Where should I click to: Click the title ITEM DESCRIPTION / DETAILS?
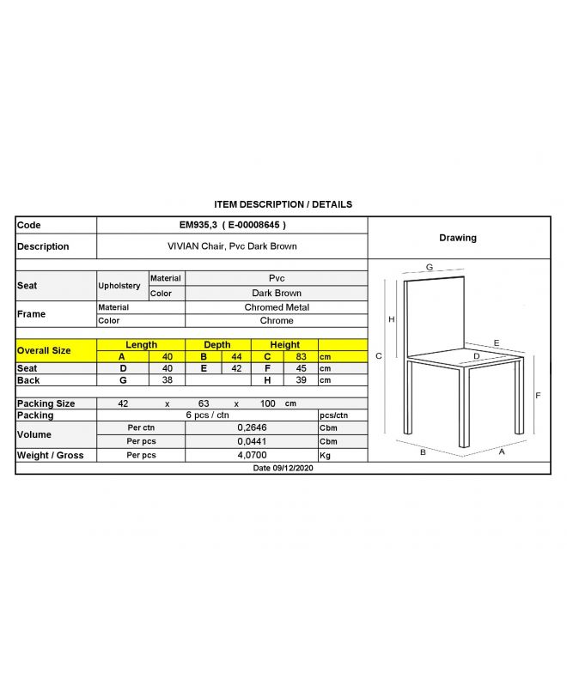pyautogui.click(x=283, y=204)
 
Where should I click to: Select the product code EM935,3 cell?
pyautogui.click(x=232, y=225)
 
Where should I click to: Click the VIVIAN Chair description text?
pyautogui.click(x=232, y=246)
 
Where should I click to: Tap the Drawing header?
pyautogui.click(x=457, y=238)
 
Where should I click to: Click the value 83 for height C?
pyautogui.click(x=301, y=356)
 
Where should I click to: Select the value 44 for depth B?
pyautogui.click(x=236, y=356)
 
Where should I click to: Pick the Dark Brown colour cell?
pyautogui.click(x=276, y=293)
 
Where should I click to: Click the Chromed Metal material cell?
pyautogui.click(x=276, y=306)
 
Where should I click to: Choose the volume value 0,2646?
pyautogui.click(x=250, y=427)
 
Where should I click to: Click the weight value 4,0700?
pyautogui.click(x=250, y=455)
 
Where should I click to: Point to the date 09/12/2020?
pyautogui.click(x=283, y=469)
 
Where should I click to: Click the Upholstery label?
pyautogui.click(x=119, y=286)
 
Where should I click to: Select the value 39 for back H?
pyautogui.click(x=301, y=380)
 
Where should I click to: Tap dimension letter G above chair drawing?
pyautogui.click(x=429, y=268)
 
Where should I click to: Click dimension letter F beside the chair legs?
pyautogui.click(x=538, y=396)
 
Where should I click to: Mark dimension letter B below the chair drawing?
pyautogui.click(x=423, y=452)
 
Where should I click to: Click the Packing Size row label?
pyautogui.click(x=46, y=403)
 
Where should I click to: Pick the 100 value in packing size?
pyautogui.click(x=268, y=403)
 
